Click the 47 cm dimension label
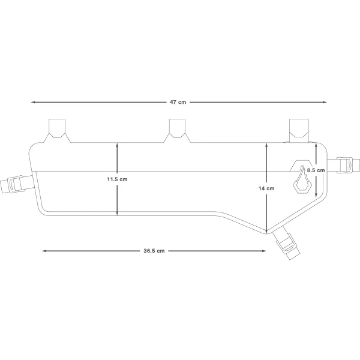pyautogui.click(x=178, y=102)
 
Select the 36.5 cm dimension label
pyautogui.click(x=154, y=251)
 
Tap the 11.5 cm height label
pyautogui.click(x=117, y=179)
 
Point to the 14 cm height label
pyautogui.click(x=266, y=188)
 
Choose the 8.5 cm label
pyautogui.click(x=316, y=170)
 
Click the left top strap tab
pyautogui.click(x=57, y=130)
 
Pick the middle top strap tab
pyautogui.click(x=177, y=130)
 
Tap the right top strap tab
pyautogui.click(x=299, y=130)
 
